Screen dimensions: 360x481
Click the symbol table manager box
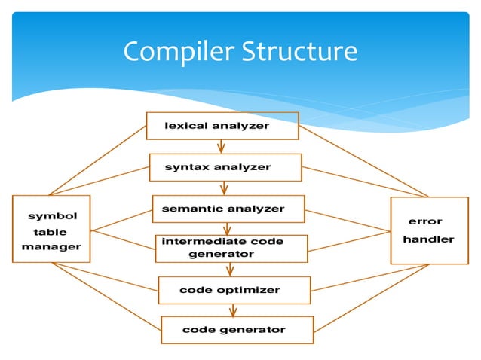51,229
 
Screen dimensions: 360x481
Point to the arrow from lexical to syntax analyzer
221,146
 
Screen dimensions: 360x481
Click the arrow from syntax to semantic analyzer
224,188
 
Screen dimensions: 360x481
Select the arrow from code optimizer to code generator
233,310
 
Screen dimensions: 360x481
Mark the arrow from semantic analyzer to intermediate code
225,228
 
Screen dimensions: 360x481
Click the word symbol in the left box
52,216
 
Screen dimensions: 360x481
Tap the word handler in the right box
428,239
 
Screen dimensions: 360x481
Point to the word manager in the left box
51,246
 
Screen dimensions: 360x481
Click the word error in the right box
425,221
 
